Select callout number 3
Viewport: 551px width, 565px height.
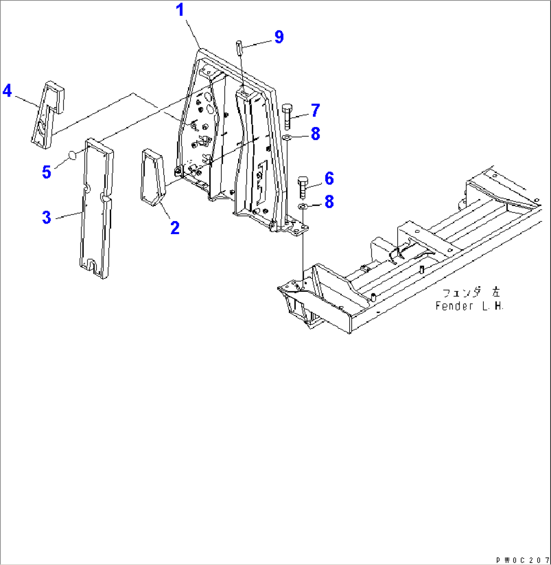[47, 218]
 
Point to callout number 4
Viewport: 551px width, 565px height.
[7, 91]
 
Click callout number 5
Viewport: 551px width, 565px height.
[47, 172]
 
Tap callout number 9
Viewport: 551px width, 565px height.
[279, 36]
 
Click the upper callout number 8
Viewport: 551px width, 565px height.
[315, 134]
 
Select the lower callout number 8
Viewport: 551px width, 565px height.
[329, 202]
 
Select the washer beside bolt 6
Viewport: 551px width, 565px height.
[303, 206]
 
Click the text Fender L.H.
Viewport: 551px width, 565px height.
[470, 307]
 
